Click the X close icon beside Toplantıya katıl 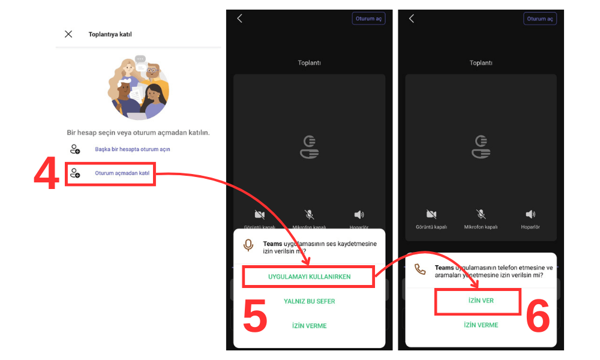click(68, 34)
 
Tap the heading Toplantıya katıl click(110, 34)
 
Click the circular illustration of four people click(139, 88)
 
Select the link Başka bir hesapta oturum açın click(132, 149)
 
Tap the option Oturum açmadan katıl click(122, 173)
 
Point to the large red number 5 click(255, 316)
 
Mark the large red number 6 click(538, 316)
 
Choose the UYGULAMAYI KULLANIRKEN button click(309, 277)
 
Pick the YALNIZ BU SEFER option click(309, 301)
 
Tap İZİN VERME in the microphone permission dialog click(309, 326)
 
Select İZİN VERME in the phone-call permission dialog click(481, 325)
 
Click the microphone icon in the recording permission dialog click(248, 245)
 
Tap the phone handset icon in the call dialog click(420, 269)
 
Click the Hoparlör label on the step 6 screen click(530, 227)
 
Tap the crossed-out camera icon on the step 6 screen click(431, 214)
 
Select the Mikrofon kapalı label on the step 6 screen click(481, 227)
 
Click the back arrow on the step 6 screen click(412, 19)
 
